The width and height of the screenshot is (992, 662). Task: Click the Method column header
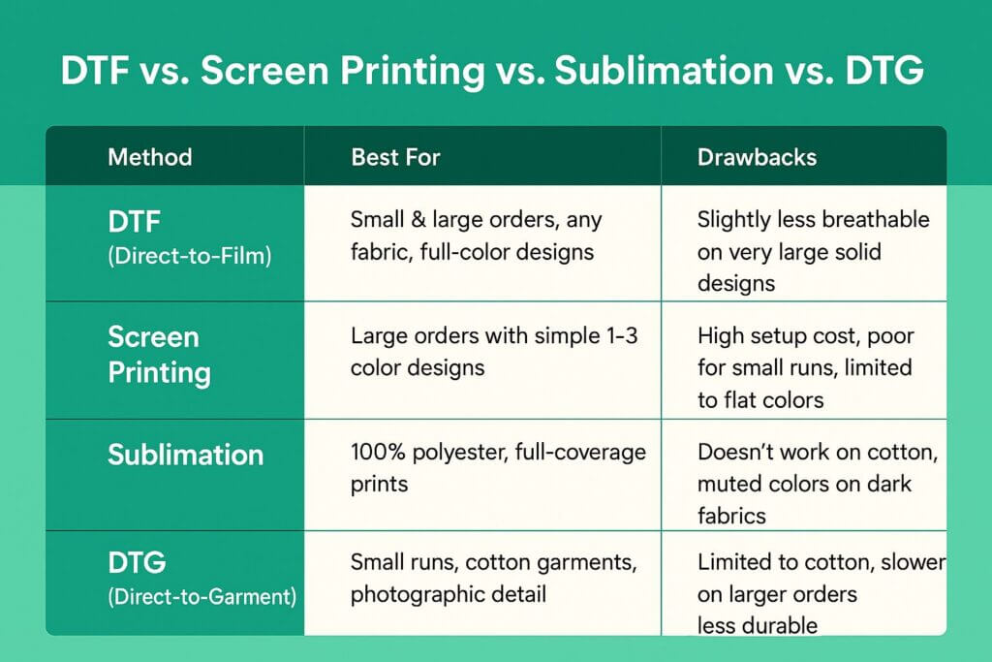tap(150, 157)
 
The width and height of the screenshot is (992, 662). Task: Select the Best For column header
tap(395, 157)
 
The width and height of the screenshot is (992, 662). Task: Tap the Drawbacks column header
tap(757, 157)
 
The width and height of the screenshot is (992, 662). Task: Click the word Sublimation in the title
tap(665, 70)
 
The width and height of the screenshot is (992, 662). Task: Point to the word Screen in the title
tap(265, 70)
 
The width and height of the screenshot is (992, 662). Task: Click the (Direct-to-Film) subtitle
tap(190, 256)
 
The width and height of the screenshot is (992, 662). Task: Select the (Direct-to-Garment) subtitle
tap(201, 596)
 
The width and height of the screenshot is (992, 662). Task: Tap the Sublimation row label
tap(185, 455)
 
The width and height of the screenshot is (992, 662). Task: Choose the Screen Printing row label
tap(160, 355)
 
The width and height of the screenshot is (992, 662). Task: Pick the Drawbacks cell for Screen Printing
tap(805, 367)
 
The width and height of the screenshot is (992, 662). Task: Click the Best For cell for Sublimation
tap(498, 468)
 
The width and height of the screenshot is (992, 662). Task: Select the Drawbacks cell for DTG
tap(821, 593)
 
